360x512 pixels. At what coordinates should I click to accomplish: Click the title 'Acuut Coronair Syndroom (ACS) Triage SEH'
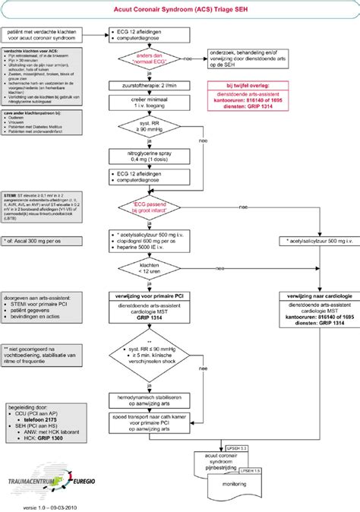[x=180, y=9]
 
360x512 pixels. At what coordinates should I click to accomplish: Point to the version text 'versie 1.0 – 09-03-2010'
[x=48, y=506]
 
